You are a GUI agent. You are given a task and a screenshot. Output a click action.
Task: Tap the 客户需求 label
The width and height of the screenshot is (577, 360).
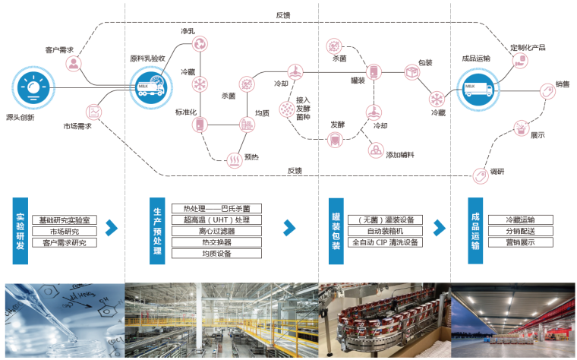click(x=60, y=50)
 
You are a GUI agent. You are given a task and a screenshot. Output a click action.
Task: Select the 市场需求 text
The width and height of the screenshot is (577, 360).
click(x=77, y=126)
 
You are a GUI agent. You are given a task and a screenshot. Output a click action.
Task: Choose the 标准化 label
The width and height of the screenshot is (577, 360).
click(x=186, y=112)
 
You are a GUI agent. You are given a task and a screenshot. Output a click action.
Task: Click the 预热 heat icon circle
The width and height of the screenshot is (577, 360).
click(x=235, y=159)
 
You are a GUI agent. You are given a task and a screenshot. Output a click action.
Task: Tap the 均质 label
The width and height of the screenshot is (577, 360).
click(x=263, y=113)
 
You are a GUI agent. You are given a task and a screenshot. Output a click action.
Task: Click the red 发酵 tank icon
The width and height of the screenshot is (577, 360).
click(x=335, y=139)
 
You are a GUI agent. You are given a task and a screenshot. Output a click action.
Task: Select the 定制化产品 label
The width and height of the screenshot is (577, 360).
click(x=528, y=47)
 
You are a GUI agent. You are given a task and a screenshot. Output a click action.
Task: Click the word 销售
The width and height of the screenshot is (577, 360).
click(x=563, y=84)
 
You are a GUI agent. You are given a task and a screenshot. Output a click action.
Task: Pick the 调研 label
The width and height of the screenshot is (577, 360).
click(x=497, y=170)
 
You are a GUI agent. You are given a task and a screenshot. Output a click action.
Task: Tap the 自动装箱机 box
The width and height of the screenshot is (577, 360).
click(x=384, y=231)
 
